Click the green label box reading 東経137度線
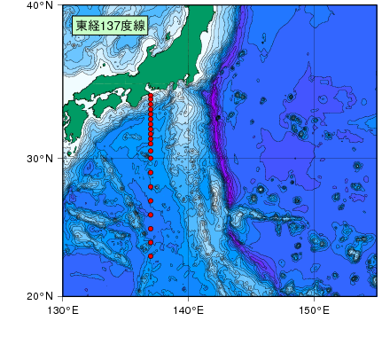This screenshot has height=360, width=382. [110, 27]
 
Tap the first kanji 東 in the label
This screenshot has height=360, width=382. [82, 27]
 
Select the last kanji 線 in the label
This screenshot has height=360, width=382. [139, 27]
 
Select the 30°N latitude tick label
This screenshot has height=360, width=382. [41, 158]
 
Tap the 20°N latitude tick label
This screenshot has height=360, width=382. [41, 295]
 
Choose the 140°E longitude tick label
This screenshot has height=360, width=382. [189, 309]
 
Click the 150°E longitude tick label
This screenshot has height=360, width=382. [315, 309]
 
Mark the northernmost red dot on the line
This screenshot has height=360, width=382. [151, 94]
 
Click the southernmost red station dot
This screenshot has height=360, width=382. [151, 256]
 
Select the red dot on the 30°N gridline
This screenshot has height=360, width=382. [151, 158]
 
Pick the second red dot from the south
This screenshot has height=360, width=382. [151, 242]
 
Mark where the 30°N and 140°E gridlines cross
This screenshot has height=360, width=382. [189, 158]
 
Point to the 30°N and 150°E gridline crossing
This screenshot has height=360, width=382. [315, 158]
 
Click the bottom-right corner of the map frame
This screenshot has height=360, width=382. [377, 295]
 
